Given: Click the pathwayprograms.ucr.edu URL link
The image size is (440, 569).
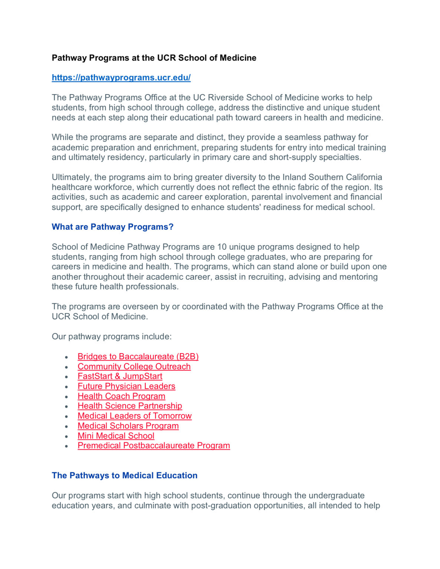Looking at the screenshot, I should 121,77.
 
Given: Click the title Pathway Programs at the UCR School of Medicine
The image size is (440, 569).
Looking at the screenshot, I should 154,58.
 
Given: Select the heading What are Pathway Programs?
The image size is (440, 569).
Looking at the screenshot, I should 112,227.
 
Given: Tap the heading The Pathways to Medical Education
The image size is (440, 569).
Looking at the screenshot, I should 125,475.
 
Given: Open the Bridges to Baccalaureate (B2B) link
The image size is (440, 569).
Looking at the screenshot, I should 138,356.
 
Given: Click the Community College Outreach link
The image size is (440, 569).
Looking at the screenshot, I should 134,366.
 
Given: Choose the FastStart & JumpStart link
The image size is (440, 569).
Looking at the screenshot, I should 120,376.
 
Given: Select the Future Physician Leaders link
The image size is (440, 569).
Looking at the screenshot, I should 126,386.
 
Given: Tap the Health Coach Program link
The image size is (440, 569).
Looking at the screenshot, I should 121,396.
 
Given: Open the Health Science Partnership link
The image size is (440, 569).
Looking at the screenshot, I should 130,406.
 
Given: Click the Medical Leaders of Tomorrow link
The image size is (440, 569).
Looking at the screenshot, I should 135,416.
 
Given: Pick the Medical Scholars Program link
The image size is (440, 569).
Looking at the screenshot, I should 128,426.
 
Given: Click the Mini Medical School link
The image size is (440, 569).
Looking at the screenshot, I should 116,436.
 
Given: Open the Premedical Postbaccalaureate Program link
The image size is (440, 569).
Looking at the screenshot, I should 153,445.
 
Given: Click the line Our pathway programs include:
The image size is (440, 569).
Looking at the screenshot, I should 112,336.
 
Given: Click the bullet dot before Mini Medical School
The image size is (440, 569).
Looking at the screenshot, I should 66,436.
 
